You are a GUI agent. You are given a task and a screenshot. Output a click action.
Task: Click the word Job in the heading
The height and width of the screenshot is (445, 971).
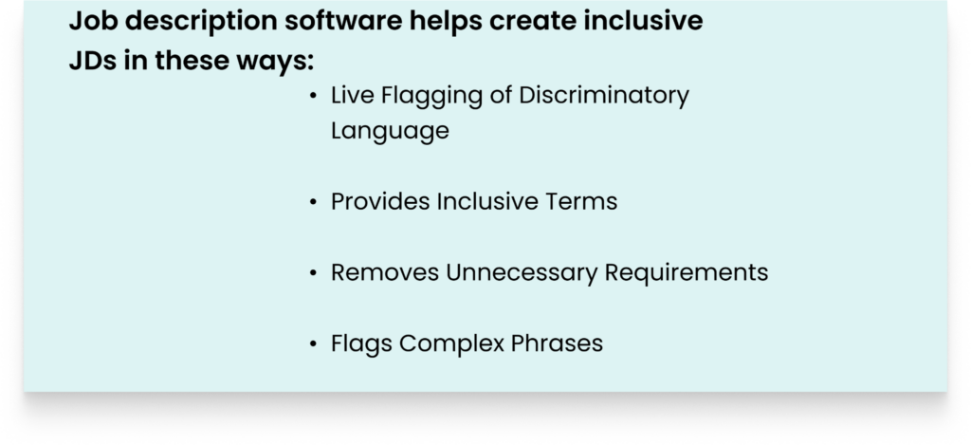94,21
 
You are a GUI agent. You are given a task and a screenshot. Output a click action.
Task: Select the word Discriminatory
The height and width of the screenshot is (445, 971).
604,97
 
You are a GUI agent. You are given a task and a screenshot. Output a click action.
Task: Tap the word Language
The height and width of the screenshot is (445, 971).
390,131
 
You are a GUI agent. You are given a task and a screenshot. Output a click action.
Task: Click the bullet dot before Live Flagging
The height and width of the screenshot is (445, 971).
313,96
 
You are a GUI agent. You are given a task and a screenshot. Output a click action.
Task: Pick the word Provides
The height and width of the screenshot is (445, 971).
381,201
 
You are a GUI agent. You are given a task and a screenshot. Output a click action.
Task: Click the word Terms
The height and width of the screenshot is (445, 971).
581,201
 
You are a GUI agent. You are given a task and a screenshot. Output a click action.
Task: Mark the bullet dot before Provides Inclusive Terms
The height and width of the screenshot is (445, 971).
313,202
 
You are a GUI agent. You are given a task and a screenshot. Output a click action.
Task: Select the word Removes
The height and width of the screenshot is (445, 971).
385,272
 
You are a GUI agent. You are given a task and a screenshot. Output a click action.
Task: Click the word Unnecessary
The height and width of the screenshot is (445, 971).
522,273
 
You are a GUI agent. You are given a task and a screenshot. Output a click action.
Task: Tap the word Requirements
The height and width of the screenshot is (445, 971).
687,273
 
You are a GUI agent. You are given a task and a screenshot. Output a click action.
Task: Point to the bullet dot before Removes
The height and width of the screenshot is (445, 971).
313,272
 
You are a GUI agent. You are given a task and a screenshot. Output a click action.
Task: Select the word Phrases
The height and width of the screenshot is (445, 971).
557,343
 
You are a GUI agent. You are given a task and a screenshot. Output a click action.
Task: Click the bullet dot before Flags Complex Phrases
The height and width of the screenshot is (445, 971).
313,343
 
